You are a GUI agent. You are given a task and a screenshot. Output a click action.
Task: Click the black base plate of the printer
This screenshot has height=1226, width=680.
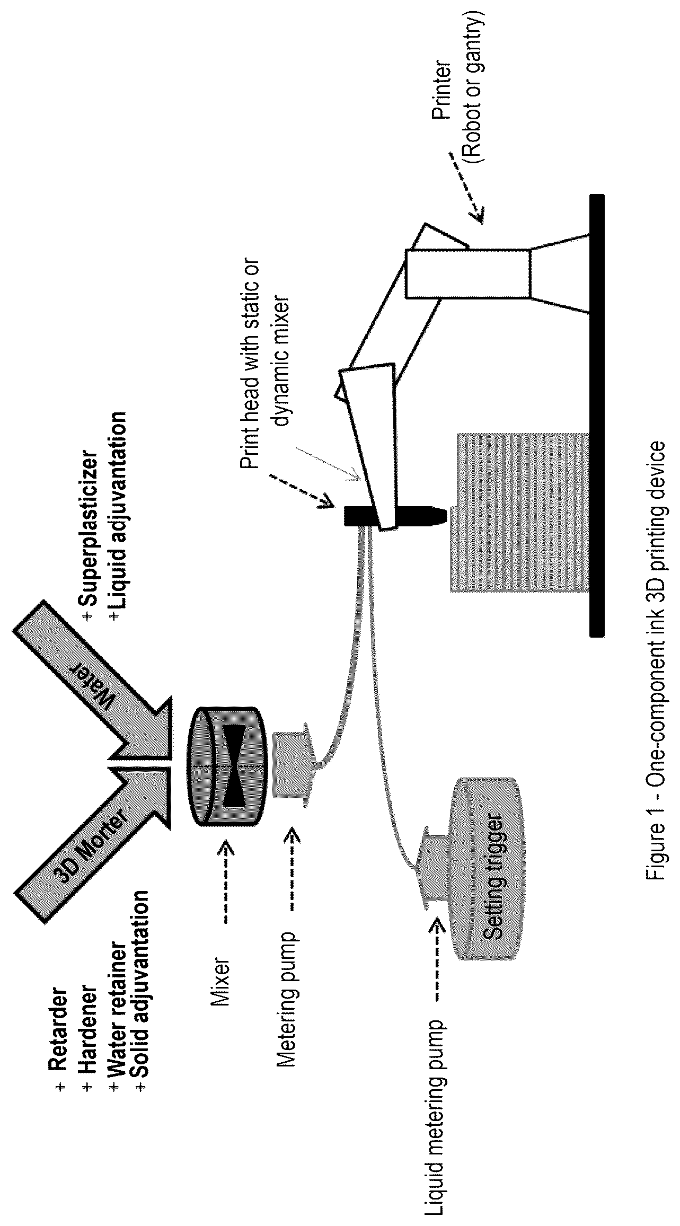[x=596, y=415]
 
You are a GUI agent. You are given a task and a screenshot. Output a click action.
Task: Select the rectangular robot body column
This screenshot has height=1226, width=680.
[x=468, y=274]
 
